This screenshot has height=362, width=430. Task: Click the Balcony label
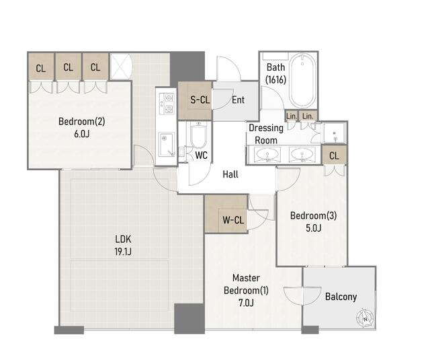[341, 297]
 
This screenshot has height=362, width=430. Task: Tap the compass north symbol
[365, 319]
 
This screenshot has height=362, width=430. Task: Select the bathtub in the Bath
[302, 81]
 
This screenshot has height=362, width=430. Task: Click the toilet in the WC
[198, 135]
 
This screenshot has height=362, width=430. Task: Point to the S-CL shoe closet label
[200, 100]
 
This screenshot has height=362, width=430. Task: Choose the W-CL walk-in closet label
[233, 220]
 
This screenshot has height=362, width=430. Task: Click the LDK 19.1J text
[123, 246]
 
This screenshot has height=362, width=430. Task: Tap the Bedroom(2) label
[82, 121]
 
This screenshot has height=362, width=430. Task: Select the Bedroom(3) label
[314, 215]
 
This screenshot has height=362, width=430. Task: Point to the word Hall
[230, 174]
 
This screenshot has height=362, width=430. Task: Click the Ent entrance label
[238, 100]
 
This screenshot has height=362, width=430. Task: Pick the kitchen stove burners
[167, 103]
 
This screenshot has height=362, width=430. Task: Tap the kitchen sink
[167, 145]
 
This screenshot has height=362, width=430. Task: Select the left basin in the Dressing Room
[267, 154]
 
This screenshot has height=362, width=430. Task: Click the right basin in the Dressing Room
[302, 154]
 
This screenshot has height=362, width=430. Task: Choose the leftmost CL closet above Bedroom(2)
[41, 67]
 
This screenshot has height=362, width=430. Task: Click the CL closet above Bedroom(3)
[334, 155]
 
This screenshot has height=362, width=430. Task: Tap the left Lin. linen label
[291, 116]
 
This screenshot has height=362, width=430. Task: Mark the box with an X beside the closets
[121, 67]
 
